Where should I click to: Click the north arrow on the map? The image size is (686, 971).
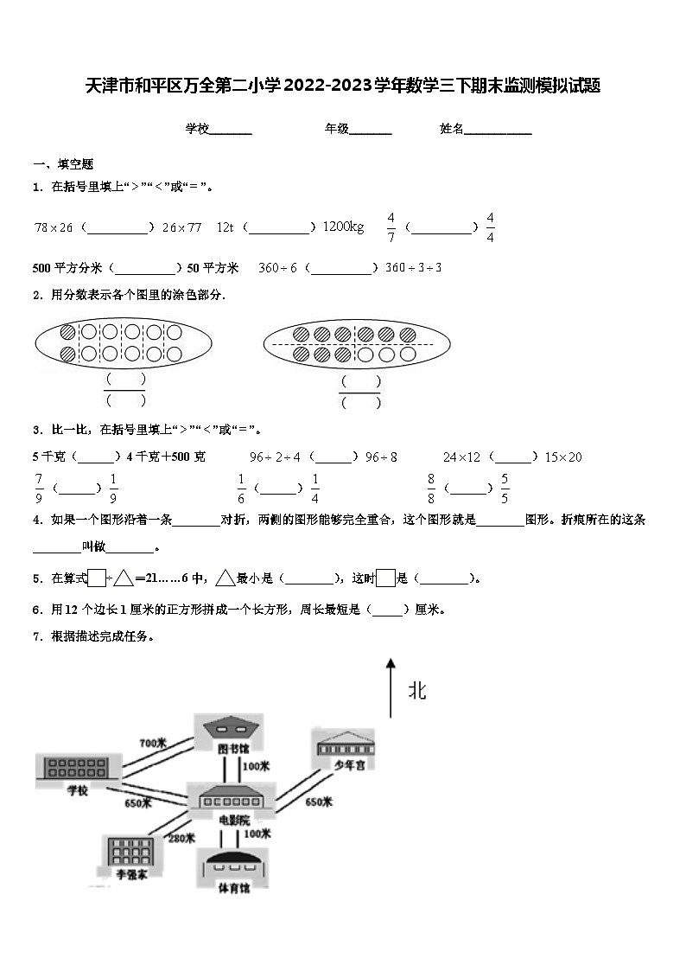pos(391,687)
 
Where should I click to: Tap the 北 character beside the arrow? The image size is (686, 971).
pos(417,691)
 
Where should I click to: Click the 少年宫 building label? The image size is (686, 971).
pos(345,764)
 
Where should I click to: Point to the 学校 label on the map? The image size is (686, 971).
pos(77,789)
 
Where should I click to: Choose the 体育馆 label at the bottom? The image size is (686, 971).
pos(233,888)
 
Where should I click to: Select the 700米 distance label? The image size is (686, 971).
pos(152,743)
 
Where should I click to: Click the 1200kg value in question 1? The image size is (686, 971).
pos(343,227)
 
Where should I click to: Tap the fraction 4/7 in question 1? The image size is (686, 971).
pos(391,227)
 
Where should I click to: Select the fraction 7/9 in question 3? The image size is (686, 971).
pos(39,488)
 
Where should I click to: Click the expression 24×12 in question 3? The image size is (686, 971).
pos(461,457)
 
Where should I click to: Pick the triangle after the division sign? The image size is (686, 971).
pos(123,578)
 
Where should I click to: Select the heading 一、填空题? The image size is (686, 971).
pos(63,164)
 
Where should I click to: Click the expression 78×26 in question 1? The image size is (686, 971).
pos(54,227)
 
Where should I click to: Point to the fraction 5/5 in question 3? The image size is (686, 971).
pos(505,488)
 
